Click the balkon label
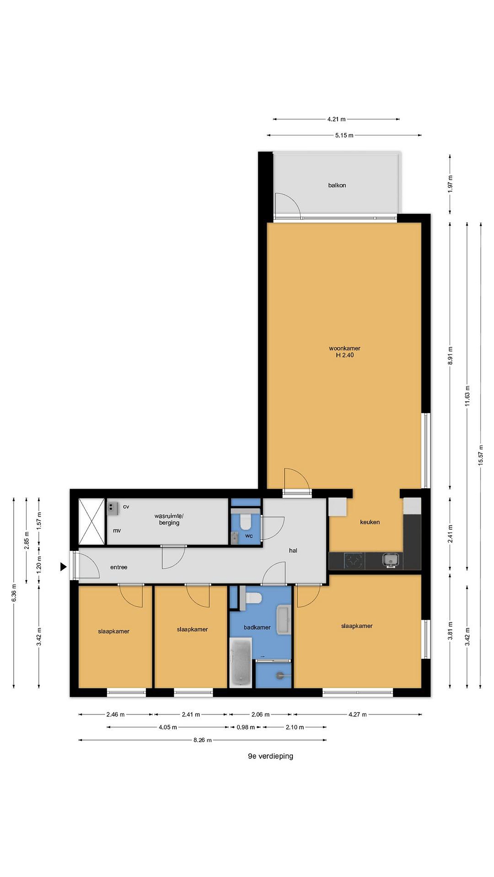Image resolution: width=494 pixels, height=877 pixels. (337, 185)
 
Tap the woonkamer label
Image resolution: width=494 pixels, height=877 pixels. (344, 348)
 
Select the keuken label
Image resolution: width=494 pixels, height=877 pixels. (370, 522)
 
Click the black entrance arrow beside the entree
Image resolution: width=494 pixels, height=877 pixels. (63, 566)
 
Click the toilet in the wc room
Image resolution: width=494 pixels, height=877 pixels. (245, 521)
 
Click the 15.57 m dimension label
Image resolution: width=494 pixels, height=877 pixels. (481, 455)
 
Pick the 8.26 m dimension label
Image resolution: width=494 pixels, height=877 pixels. (202, 740)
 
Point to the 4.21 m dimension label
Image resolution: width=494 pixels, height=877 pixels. (336, 119)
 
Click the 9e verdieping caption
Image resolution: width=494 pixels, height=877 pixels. (270, 756)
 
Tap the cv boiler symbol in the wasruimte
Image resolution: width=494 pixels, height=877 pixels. (113, 508)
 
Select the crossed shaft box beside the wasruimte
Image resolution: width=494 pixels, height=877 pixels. (91, 521)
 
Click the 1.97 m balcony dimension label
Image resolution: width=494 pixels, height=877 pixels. (450, 184)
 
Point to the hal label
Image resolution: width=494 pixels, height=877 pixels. (293, 550)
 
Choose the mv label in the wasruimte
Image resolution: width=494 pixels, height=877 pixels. (116, 530)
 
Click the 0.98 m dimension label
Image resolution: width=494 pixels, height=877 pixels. (246, 727)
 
